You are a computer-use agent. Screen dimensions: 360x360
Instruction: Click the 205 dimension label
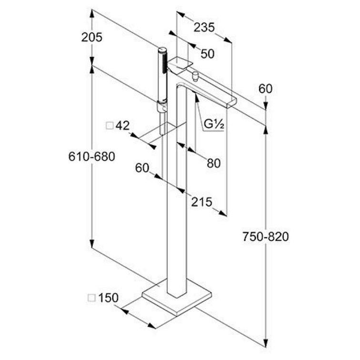click(x=92, y=37)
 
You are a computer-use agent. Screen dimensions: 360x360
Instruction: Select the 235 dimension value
click(x=204, y=27)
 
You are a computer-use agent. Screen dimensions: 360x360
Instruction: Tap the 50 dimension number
click(x=208, y=54)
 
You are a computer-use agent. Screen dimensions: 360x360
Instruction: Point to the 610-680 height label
click(x=92, y=157)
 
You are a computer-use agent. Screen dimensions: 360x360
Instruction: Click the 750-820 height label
click(x=266, y=237)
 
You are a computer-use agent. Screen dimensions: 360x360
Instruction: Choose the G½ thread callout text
click(x=214, y=124)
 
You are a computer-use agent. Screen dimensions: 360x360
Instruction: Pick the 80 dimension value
click(x=214, y=163)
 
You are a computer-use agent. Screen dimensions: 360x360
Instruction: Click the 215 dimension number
click(x=201, y=202)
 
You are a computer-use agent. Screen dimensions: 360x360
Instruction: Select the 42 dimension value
click(x=123, y=126)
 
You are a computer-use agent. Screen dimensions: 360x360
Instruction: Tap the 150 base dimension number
click(x=108, y=298)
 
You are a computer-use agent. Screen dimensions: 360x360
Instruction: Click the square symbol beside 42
click(x=109, y=126)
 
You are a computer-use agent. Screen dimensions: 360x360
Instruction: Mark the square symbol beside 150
click(x=92, y=298)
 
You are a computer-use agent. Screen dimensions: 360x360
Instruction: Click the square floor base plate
click(x=177, y=297)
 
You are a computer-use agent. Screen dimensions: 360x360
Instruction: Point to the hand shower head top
click(x=162, y=50)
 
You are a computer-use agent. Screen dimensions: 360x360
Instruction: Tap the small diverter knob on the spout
click(x=196, y=76)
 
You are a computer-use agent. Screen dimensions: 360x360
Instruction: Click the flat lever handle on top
click(x=180, y=64)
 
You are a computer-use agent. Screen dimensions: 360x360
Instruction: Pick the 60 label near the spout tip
click(x=265, y=89)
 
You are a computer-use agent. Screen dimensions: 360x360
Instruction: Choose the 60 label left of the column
click(x=142, y=168)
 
